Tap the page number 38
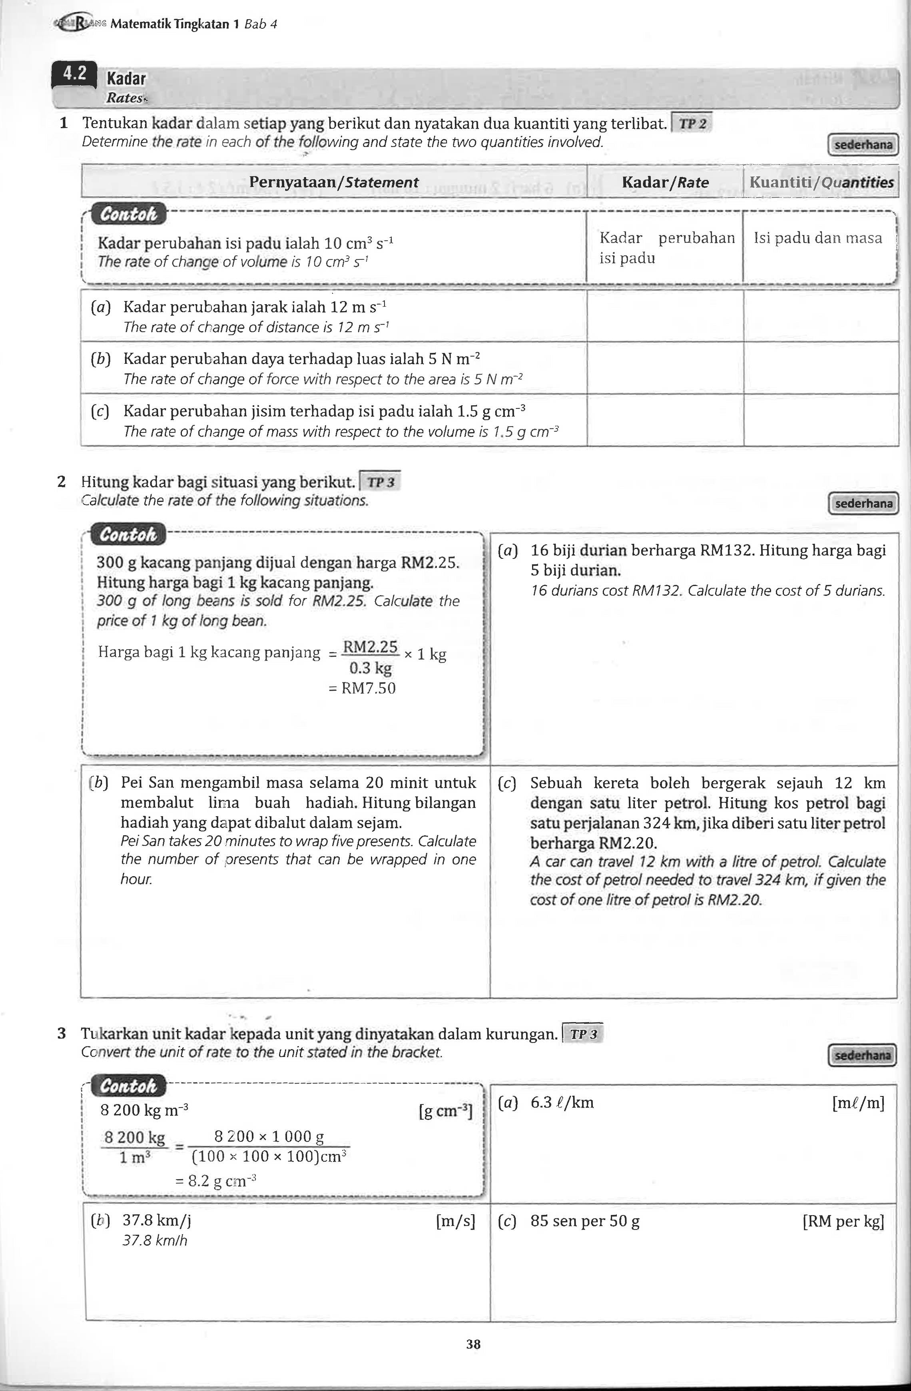[x=473, y=1344]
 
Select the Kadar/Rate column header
[x=665, y=182]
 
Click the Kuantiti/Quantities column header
[x=821, y=182]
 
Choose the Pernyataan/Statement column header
[x=334, y=182]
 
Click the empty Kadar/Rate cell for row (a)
[x=665, y=316]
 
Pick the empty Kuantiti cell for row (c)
[x=821, y=420]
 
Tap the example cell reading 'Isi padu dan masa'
[x=817, y=238]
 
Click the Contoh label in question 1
[x=129, y=215]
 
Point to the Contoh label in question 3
[x=129, y=1086]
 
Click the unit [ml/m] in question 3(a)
[x=858, y=1103]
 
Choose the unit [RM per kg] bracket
[x=843, y=1222]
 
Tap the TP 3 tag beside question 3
[x=583, y=1034]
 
